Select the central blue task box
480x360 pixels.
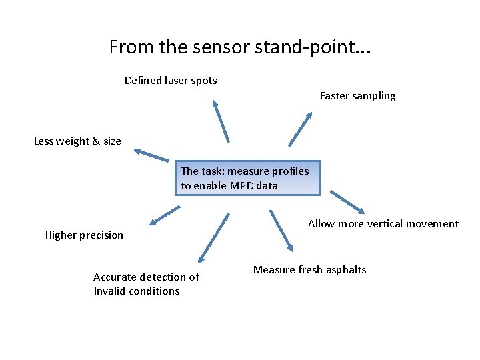(x=247, y=178)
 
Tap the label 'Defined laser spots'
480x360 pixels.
(x=171, y=81)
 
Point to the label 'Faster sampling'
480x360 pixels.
(x=357, y=96)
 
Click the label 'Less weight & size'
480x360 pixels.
(x=77, y=141)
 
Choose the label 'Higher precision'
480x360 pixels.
(x=84, y=235)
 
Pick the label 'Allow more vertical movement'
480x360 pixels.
(x=383, y=224)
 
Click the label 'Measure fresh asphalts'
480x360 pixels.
(x=309, y=270)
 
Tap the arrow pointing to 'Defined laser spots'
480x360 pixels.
(x=221, y=121)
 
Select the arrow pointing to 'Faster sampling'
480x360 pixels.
(x=300, y=129)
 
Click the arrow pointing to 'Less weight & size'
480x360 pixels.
(x=151, y=155)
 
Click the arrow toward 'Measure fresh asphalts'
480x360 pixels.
(x=281, y=231)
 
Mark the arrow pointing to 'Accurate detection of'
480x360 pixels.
(x=213, y=238)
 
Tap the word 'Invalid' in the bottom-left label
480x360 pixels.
(x=109, y=291)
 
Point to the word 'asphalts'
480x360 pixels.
(x=345, y=270)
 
